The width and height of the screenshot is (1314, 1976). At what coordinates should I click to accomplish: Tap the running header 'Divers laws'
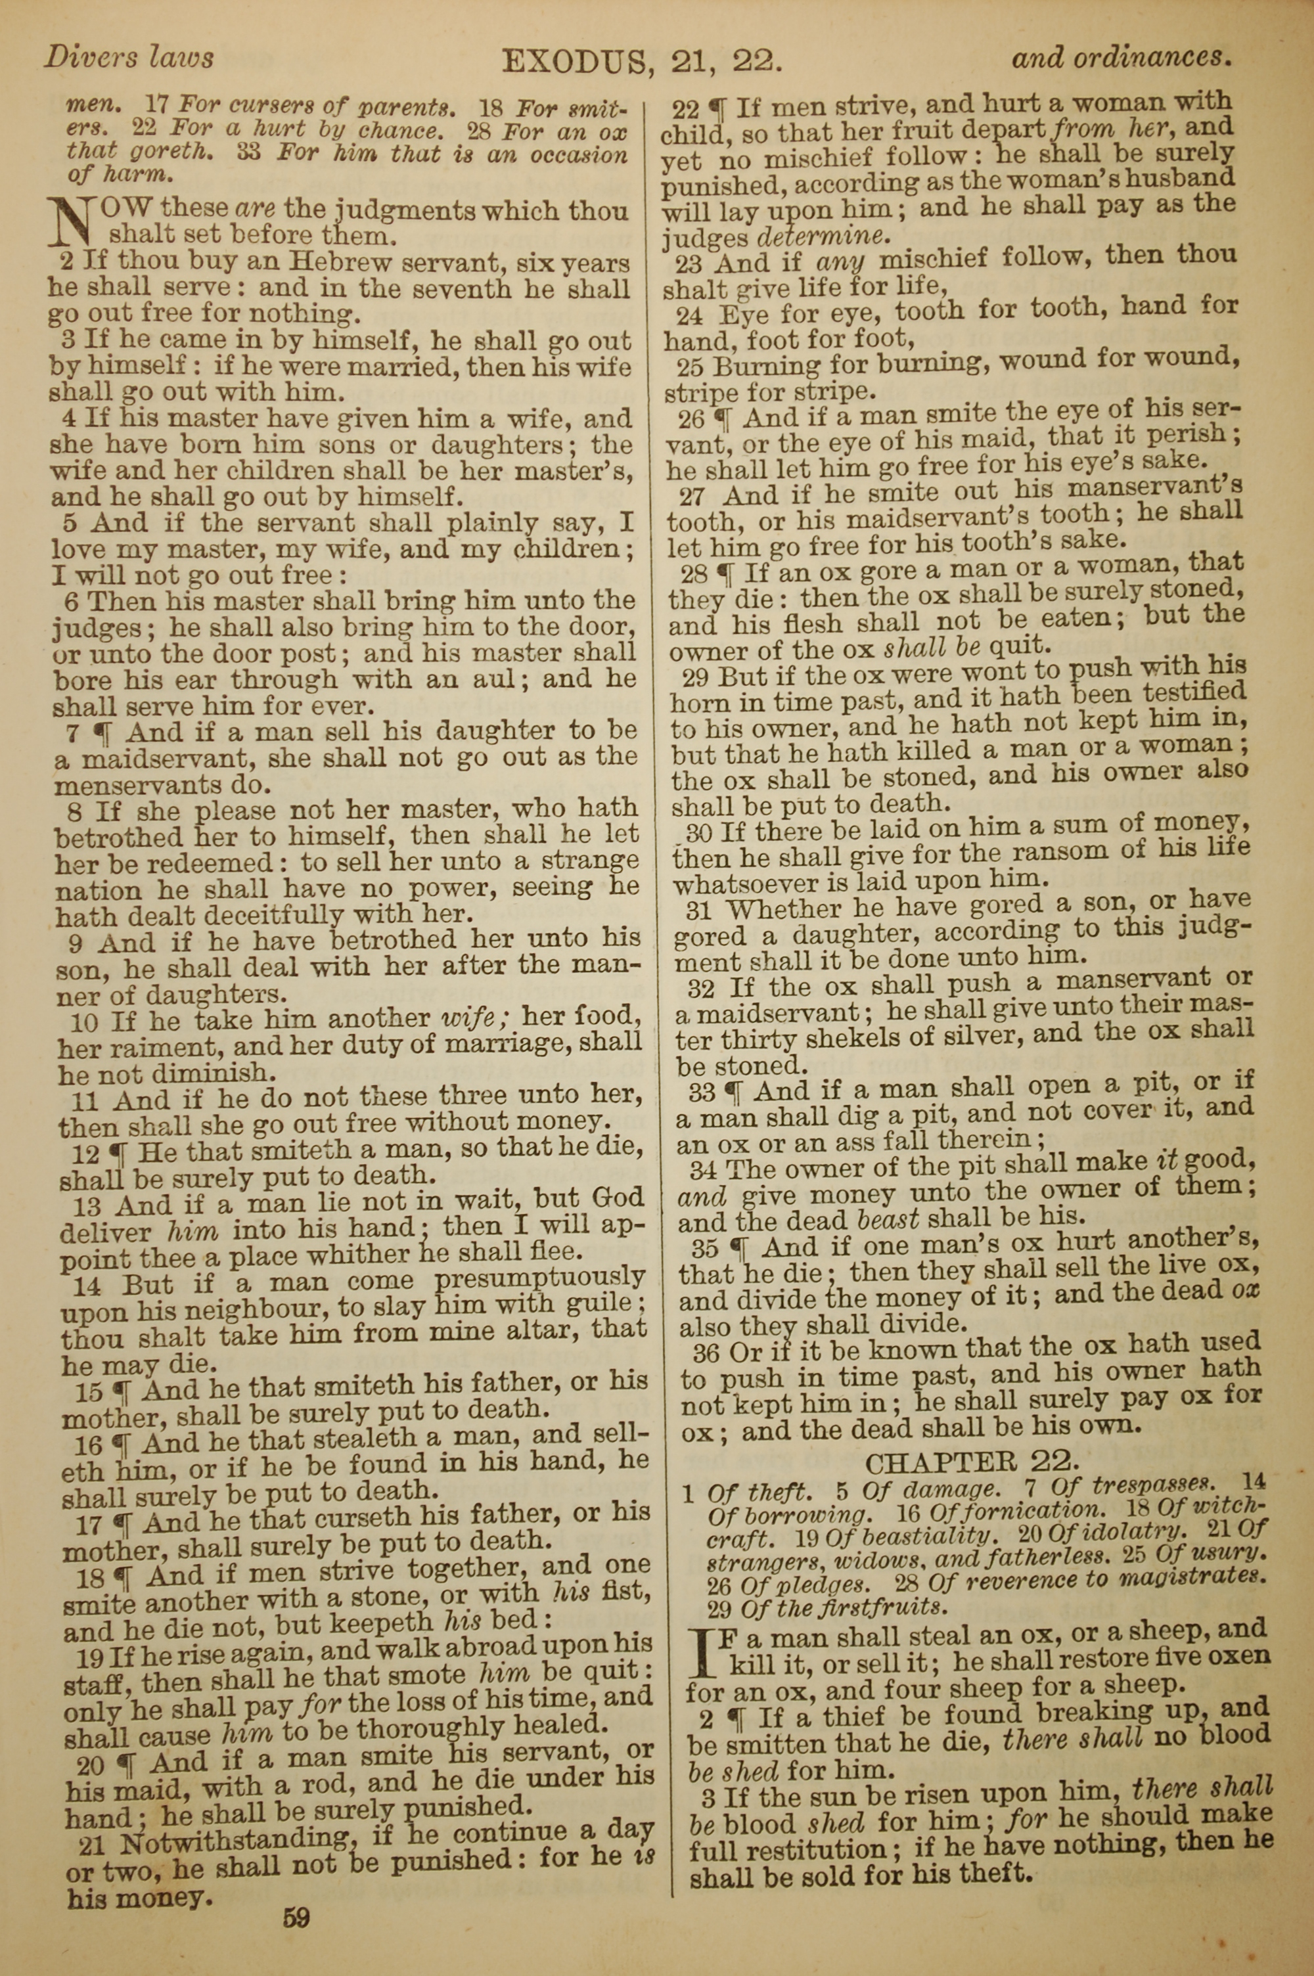[x=128, y=57]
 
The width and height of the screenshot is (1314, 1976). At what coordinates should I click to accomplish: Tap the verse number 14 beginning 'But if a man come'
[x=86, y=1285]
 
